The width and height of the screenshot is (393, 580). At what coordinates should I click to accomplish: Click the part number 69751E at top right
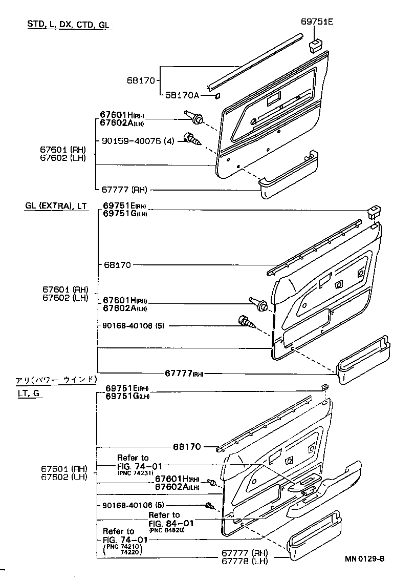coord(316,22)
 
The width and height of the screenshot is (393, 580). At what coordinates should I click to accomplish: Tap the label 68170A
coord(182,95)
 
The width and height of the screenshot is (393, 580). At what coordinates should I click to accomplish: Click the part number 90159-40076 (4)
coord(137,140)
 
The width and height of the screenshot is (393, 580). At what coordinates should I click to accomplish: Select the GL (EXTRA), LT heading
coord(56,206)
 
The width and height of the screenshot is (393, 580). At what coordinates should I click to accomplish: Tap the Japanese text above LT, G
coord(56,380)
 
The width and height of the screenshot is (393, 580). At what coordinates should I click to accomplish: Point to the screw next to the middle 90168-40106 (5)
coord(247,323)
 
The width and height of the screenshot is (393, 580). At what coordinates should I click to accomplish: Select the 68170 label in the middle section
coord(117,265)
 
